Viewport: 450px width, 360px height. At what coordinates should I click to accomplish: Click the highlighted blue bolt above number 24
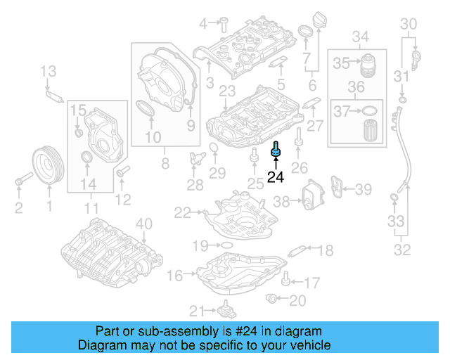pyautogui.click(x=276, y=150)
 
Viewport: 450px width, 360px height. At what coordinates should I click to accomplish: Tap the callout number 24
pyautogui.click(x=276, y=178)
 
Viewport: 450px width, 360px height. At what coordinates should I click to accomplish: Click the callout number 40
pyautogui.click(x=143, y=225)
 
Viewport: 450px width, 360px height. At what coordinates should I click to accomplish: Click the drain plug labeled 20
pyautogui.click(x=271, y=300)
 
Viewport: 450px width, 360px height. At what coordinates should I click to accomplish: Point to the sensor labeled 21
pyautogui.click(x=226, y=310)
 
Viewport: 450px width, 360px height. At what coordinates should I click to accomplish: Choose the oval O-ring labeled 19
pyautogui.click(x=227, y=245)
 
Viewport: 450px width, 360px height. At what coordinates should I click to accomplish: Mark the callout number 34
pyautogui.click(x=361, y=35)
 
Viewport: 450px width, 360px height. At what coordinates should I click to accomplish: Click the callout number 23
pyautogui.click(x=227, y=91)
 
